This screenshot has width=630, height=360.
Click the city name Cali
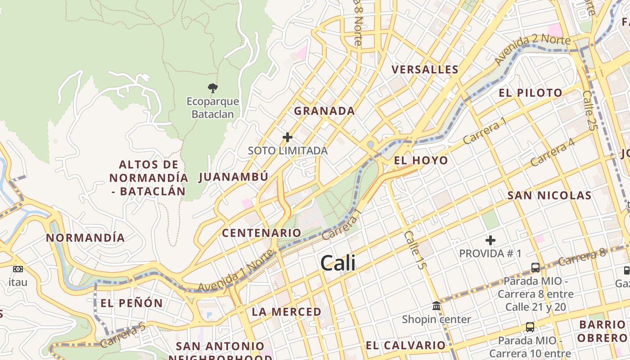coord(338,263)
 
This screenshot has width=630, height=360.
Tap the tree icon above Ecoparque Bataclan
coord(213,87)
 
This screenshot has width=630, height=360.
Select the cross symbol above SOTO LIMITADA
coord(288,137)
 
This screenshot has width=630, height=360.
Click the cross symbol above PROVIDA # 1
coord(490,240)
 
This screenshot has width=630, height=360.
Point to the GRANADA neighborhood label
coord(324,111)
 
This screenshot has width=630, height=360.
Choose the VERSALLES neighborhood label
coord(425,70)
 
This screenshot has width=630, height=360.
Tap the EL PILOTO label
coord(531,93)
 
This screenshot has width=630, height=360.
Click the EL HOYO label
coord(421,161)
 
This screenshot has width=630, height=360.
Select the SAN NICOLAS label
coord(549,195)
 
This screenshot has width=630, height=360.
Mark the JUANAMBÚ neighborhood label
coord(234,177)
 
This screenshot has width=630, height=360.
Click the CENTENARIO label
coord(261,233)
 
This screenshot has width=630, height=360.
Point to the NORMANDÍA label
coord(85,238)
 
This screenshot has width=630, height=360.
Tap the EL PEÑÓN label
coord(131,303)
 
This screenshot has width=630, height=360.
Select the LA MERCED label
coord(287,312)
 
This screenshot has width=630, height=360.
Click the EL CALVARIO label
coord(405,346)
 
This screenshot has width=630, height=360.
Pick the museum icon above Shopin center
coord(436,306)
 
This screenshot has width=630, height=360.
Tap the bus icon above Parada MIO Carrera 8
coord(535,268)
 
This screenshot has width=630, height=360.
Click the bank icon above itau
coord(18,269)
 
